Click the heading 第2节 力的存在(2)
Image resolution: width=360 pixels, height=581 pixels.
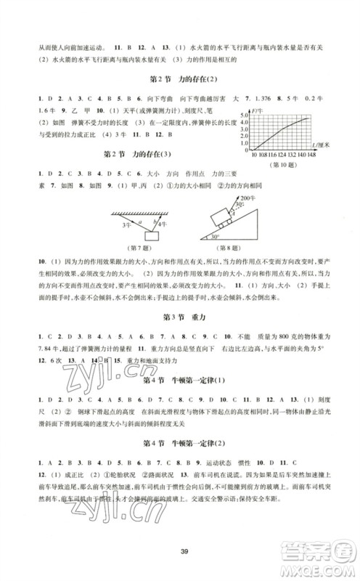(x=180, y=78)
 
